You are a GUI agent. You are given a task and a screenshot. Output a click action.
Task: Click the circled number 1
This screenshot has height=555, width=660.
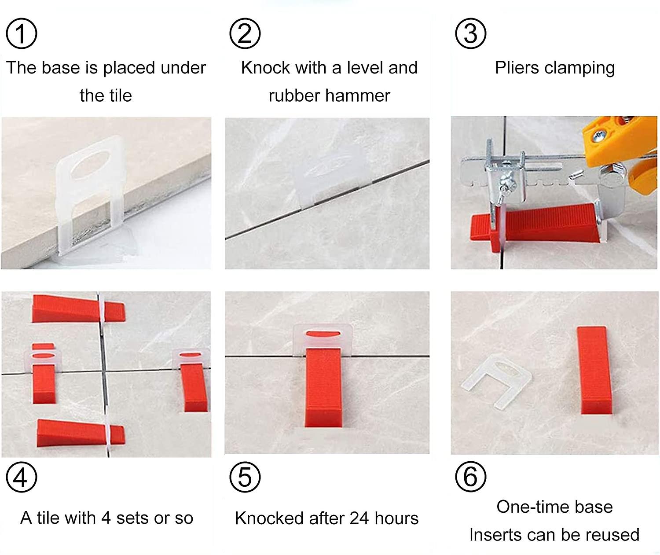click(x=21, y=33)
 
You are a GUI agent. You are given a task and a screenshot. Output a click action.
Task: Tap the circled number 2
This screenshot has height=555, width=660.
click(x=245, y=33)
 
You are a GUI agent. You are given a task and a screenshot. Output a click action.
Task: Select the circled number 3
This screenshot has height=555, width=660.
click(x=470, y=33)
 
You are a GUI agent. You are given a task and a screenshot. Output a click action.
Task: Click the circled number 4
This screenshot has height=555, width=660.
click(x=21, y=477)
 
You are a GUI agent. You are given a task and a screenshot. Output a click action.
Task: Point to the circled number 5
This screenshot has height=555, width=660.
click(x=245, y=477)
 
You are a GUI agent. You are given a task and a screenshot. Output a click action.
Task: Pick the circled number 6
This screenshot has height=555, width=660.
click(x=470, y=477)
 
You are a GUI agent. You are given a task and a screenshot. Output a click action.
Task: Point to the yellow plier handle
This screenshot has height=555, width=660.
click(x=620, y=141)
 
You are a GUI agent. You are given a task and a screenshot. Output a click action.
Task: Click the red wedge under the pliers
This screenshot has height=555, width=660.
click(x=546, y=224)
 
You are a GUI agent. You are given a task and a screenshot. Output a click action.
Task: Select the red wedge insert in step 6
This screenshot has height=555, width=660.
click(x=594, y=370)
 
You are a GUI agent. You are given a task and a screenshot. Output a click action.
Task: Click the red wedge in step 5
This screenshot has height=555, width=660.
click(x=323, y=387)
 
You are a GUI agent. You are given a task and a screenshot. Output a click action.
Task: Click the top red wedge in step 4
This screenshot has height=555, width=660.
click(x=75, y=309)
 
